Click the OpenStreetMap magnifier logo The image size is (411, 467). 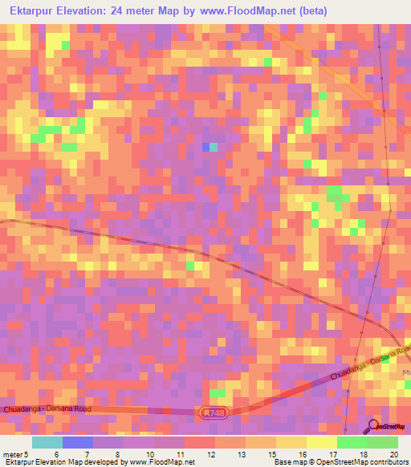(375, 427)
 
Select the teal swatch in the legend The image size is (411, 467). (47, 442)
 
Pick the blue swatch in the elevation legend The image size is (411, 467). (78, 442)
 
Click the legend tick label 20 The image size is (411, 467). (393, 454)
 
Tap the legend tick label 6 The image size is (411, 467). (55, 454)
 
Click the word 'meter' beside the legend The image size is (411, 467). (12, 454)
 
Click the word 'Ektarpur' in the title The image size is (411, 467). (32, 11)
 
